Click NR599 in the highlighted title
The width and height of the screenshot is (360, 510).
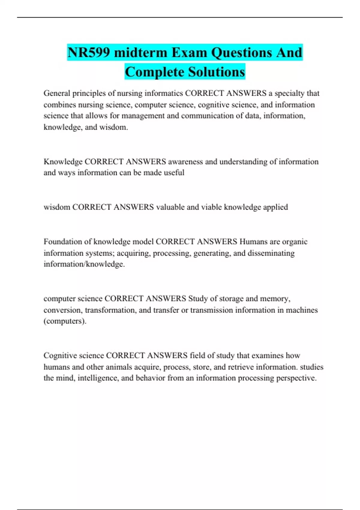tap(88, 52)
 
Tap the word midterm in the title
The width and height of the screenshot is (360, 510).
tap(141, 52)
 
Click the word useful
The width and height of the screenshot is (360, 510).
tap(174, 173)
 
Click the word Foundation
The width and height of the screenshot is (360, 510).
tap(62, 242)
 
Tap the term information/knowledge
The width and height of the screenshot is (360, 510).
tap(84, 264)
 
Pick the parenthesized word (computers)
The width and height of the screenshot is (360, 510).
tap(65, 321)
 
